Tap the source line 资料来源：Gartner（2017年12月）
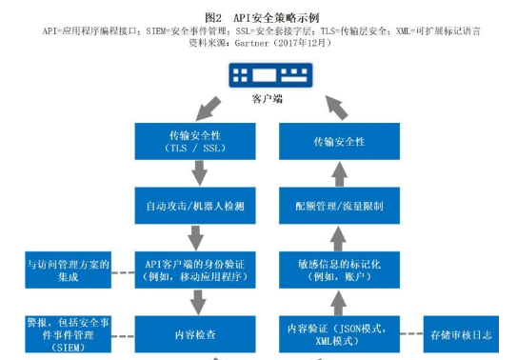[x=258, y=43]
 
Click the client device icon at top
[x=257, y=75]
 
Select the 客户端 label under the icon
[x=257, y=99]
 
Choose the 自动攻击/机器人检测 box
[x=189, y=206]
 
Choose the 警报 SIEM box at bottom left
[x=67, y=335]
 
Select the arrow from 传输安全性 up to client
[x=314, y=106]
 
